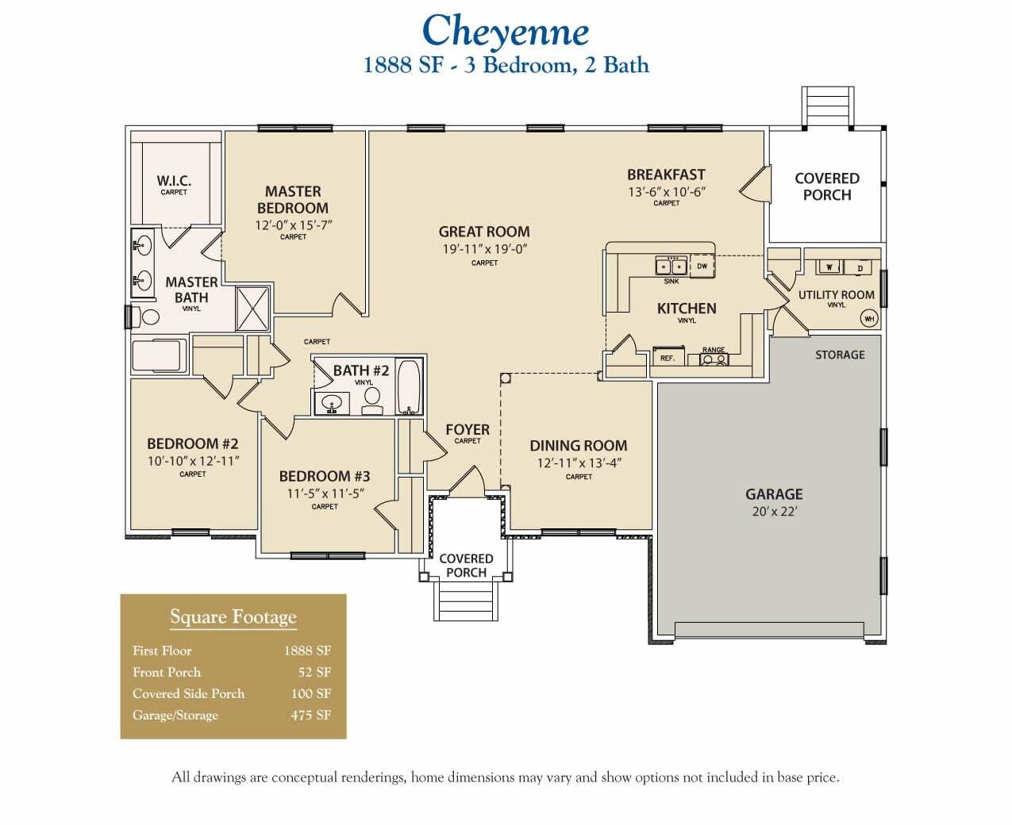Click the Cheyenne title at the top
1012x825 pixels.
click(x=505, y=32)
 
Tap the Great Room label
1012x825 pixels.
click(x=484, y=232)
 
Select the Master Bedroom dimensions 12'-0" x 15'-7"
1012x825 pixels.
click(x=293, y=224)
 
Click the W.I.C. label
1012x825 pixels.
click(x=174, y=181)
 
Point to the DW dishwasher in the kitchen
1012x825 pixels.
click(x=702, y=267)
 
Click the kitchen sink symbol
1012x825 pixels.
click(x=671, y=266)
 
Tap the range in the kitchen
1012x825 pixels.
click(x=714, y=359)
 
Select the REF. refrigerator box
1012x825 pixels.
click(x=668, y=358)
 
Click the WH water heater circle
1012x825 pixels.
click(x=869, y=319)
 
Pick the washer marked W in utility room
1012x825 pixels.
click(x=829, y=267)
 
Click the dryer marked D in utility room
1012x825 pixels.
click(x=859, y=268)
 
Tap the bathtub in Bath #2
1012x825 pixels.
click(x=410, y=386)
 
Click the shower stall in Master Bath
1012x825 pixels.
click(x=254, y=309)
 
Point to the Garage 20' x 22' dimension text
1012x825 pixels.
click(x=774, y=512)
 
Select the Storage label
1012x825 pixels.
click(x=840, y=355)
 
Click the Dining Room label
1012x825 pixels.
click(x=578, y=446)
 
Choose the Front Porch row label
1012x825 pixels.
click(x=167, y=672)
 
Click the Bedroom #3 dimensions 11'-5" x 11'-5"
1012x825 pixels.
click(x=325, y=493)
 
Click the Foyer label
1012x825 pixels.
click(x=468, y=429)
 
